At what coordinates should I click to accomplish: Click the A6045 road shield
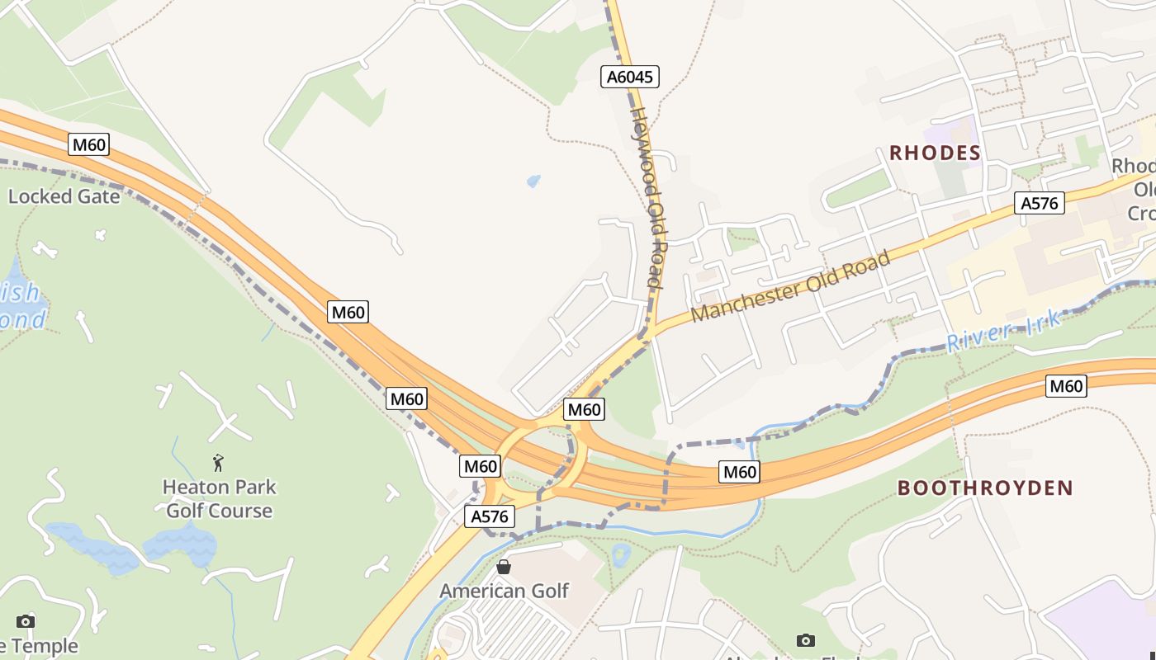pos(629,78)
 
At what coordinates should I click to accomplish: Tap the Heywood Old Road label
pos(647,198)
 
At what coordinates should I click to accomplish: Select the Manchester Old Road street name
pos(790,287)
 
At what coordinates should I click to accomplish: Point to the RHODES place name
pos(935,153)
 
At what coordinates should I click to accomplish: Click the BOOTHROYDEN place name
pos(985,488)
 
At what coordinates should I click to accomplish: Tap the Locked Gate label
pos(64,196)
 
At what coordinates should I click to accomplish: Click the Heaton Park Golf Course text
pos(219,498)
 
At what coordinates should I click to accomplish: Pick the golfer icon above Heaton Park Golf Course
pos(218,462)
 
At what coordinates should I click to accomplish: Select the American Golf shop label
pos(504,591)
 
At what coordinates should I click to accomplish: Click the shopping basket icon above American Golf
pos(504,567)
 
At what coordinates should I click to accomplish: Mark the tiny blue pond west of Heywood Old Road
pos(533,181)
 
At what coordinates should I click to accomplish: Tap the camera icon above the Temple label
pos(26,621)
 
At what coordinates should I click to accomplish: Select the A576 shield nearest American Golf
pos(490,516)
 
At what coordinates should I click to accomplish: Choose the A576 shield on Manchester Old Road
pos(1039,203)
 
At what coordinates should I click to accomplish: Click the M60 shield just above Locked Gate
pos(88,145)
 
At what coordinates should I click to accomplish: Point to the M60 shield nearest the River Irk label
pos(1065,385)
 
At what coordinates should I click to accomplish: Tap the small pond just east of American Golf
pos(620,554)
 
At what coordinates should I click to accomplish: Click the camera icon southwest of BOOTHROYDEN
pos(805,640)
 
